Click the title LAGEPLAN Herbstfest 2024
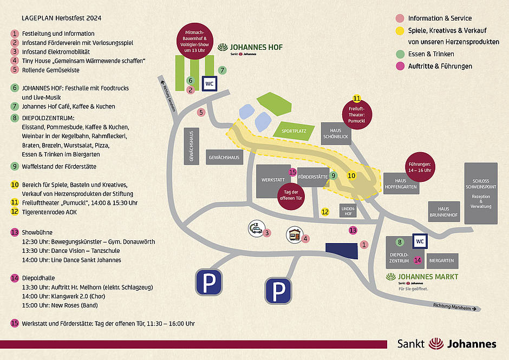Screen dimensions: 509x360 pos(61,18)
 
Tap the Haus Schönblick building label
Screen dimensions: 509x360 pos(336,133)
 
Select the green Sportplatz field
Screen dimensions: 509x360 pos(294,131)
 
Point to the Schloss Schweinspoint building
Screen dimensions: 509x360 pos(481,193)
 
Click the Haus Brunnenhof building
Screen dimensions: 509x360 pos(444,212)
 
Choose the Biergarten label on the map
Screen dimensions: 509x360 pos(441,261)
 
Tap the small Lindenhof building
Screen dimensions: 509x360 pos(348,211)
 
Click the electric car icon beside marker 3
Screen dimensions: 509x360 pos(257,228)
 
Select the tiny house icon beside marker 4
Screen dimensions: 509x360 pos(295,235)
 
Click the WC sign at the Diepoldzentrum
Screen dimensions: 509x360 pos(420,241)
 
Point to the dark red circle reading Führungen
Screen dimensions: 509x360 pos(420,167)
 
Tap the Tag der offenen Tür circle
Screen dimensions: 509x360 pos(291,196)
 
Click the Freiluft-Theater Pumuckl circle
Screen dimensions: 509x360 pos(357,114)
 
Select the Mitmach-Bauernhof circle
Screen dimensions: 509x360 pos(195,41)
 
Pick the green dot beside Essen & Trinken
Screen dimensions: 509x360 pos(400,54)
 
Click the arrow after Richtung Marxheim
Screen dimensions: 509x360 pos(474,309)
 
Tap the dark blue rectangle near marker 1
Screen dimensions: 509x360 pos(342,251)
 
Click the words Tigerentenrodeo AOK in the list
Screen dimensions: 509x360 pos(49,212)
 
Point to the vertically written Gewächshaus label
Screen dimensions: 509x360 pos(192,146)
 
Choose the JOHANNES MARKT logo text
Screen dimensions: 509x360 pos(428,277)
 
